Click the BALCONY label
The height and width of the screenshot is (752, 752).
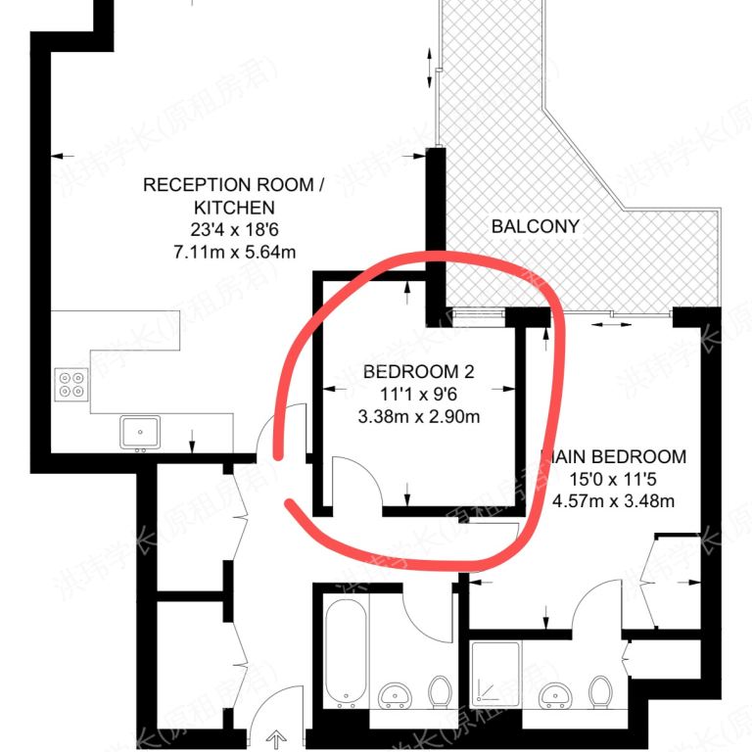(x=536, y=226)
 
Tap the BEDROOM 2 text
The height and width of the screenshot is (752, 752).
(x=418, y=372)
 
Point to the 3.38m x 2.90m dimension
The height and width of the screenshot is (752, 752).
(x=418, y=416)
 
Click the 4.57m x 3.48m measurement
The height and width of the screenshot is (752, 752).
(x=614, y=501)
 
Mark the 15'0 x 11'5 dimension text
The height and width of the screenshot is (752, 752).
(x=614, y=480)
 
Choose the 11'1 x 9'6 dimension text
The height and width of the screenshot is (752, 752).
(x=418, y=395)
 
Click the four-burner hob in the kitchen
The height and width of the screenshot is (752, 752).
(x=70, y=384)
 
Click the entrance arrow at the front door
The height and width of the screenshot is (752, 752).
(x=279, y=736)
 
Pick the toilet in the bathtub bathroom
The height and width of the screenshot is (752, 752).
(x=440, y=691)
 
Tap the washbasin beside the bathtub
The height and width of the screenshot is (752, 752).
(x=397, y=693)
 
